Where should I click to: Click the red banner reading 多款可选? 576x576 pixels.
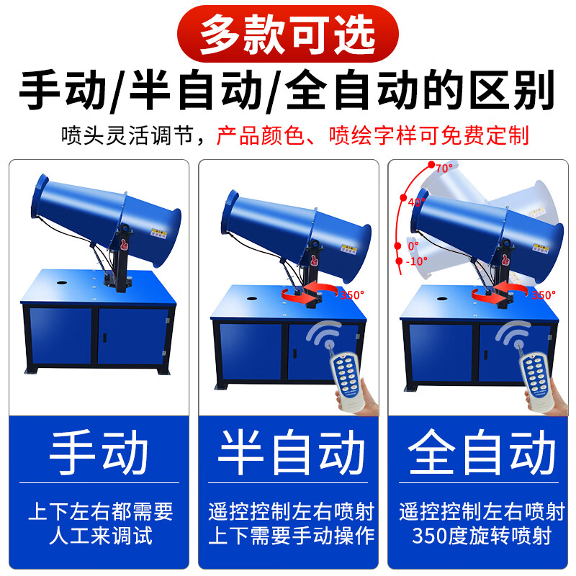tap(288, 32)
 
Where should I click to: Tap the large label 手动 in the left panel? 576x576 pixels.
tap(99, 454)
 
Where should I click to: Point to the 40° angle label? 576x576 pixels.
tap(415, 203)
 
